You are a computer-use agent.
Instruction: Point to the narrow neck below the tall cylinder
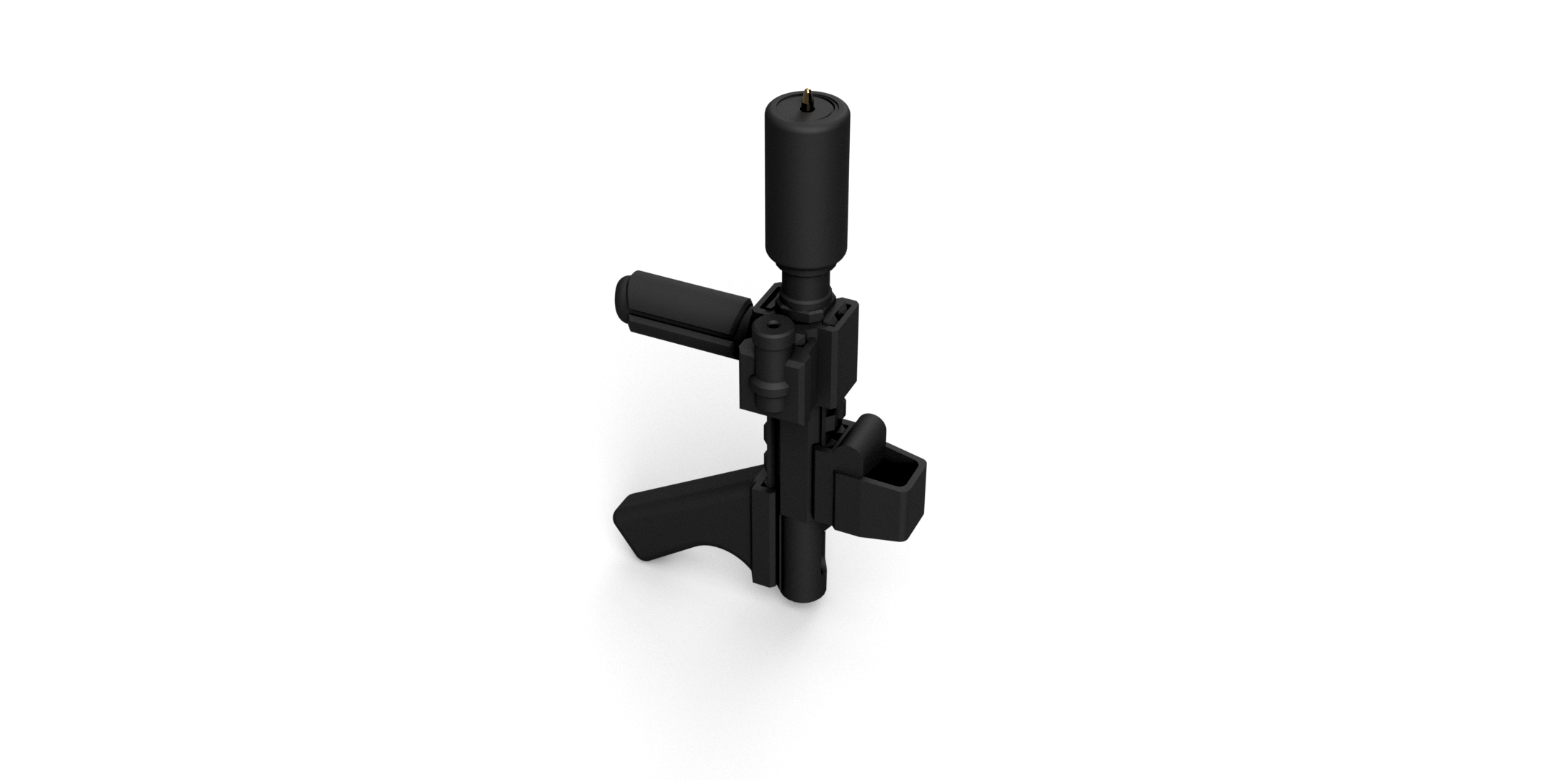pyautogui.click(x=806, y=288)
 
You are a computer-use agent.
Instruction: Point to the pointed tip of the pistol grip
pyautogui.click(x=618, y=520)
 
